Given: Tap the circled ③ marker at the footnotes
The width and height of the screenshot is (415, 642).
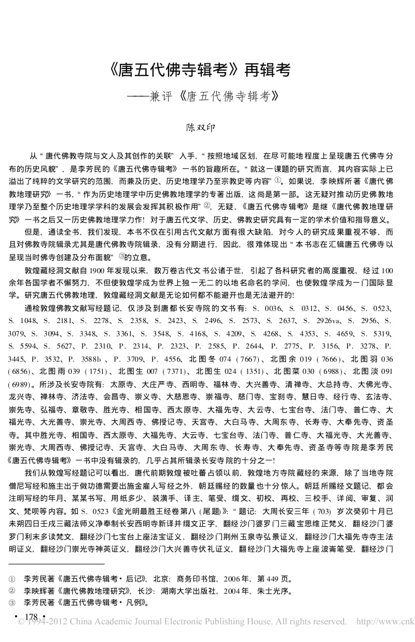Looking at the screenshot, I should [12, 603].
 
